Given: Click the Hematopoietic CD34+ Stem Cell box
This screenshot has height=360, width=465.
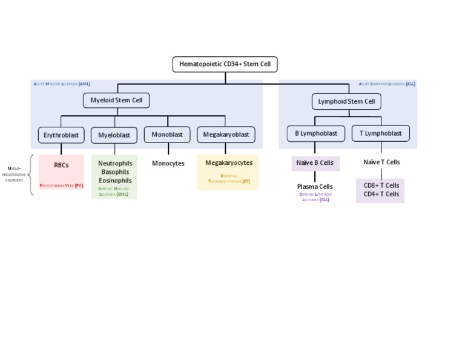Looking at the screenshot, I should [x=225, y=64].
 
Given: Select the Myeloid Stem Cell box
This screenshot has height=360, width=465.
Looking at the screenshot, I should [x=116, y=101].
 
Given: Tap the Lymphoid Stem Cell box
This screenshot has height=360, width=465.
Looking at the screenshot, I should [x=346, y=101].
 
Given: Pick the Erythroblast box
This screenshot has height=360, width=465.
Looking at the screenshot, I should [x=61, y=135].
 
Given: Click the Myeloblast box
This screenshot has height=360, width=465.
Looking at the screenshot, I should [x=114, y=135].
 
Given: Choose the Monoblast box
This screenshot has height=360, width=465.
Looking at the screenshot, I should [x=167, y=135].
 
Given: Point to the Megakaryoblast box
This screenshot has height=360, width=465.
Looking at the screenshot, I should [x=226, y=135].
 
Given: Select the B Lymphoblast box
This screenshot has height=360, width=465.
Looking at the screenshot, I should [x=315, y=133].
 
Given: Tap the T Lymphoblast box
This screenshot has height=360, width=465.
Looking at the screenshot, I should [x=380, y=133].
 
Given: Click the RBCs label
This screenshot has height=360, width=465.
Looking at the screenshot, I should [x=61, y=165].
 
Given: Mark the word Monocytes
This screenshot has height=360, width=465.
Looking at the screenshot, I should [x=168, y=164].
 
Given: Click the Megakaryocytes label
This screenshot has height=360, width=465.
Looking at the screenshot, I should [x=228, y=163].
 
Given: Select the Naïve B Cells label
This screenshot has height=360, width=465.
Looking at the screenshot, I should [x=315, y=163].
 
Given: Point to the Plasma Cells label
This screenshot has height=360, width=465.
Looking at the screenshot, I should [x=314, y=187].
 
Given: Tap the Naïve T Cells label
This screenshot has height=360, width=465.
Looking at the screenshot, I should [x=381, y=162].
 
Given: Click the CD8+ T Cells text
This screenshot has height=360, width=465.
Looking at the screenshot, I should [x=381, y=185].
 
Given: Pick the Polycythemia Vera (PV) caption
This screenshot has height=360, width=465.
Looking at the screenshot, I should [x=61, y=186].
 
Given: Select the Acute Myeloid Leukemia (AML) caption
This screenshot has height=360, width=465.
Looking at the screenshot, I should [x=62, y=84].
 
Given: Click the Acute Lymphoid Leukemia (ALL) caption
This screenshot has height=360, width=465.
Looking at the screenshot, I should [x=386, y=84].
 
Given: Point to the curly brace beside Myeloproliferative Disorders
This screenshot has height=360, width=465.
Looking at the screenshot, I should [x=31, y=175].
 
